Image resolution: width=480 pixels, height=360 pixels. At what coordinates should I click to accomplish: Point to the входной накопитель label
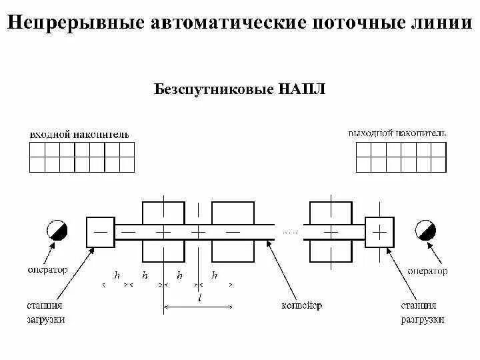pos(79,135)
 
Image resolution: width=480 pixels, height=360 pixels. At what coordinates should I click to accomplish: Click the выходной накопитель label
pos(397,133)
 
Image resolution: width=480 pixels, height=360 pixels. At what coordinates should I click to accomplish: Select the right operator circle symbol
pos(425,231)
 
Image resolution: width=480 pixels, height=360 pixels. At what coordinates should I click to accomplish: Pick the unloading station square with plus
pos(379,231)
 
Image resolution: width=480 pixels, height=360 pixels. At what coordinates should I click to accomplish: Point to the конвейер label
pos(302,306)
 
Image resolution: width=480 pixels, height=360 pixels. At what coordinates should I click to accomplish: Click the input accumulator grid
pos(82,157)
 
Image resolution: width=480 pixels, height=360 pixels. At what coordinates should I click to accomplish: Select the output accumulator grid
pos(401,157)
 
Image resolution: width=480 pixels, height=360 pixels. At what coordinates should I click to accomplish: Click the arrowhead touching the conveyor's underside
pos(268,241)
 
